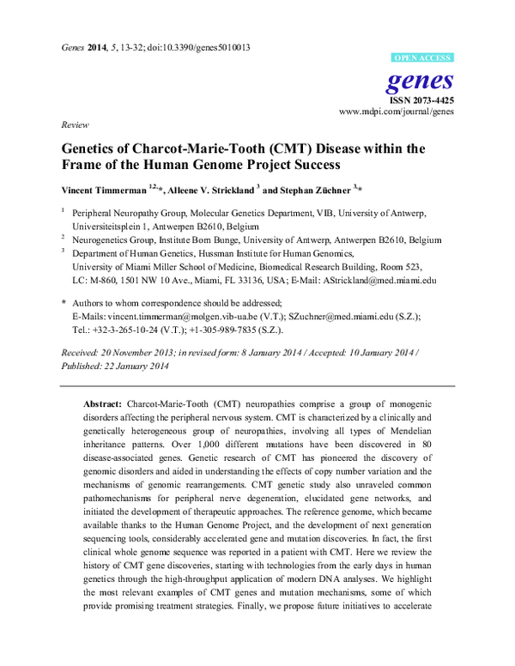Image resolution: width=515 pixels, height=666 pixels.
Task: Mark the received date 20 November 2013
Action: coord(138,353)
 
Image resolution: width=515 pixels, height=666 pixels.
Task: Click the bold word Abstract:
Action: coord(102,403)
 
